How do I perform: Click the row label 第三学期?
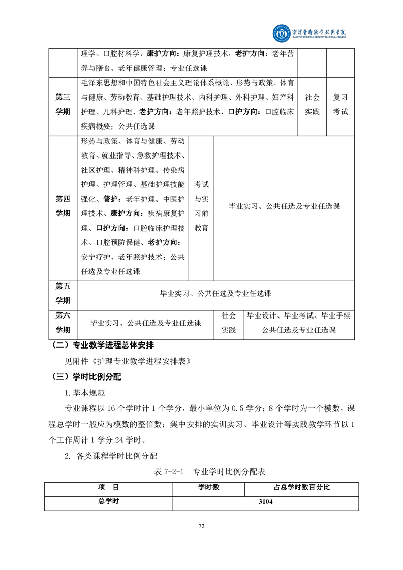pos(63,104)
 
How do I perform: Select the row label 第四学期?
pos(63,206)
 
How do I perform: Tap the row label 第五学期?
pos(63,293)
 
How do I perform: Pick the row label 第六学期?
pos(63,323)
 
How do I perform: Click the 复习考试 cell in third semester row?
pos(340,104)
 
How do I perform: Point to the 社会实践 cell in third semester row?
pos(312,104)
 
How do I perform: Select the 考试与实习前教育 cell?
pos(201,206)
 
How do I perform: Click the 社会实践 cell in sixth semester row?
pos(228,323)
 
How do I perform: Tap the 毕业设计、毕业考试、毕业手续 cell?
pos(298,316)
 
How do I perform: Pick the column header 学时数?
pos(208,487)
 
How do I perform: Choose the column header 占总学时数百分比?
pos(301,487)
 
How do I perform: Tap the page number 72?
pos(201,526)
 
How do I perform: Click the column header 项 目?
pos(108,487)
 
